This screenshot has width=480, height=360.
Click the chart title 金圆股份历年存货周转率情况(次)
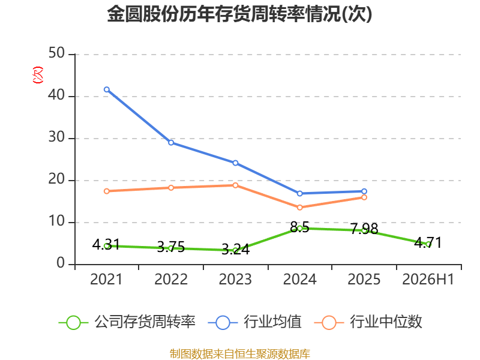click(x=239, y=14)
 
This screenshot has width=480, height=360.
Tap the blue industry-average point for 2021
click(x=107, y=89)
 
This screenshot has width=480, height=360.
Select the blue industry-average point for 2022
click(x=171, y=143)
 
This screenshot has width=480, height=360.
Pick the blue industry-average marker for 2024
click(x=299, y=193)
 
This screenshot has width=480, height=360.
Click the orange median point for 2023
click(x=235, y=185)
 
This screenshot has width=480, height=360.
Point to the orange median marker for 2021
click(x=107, y=191)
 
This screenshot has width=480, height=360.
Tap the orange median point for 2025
click(x=364, y=197)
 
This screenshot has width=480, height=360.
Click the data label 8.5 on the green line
click(x=299, y=227)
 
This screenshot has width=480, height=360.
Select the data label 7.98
click(x=364, y=229)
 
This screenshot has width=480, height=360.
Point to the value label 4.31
click(x=106, y=244)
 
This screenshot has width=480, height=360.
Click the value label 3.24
click(x=235, y=250)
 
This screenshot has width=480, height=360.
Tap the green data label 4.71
click(x=428, y=243)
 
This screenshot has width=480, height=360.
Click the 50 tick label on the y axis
click(x=56, y=53)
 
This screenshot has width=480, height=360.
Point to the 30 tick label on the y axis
click(x=56, y=137)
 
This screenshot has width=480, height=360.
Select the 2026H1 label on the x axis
click(x=428, y=279)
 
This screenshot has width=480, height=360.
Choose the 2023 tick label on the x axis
click(x=235, y=279)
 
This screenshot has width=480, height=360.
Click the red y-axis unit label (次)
click(x=38, y=74)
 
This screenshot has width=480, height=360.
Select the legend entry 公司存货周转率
click(x=127, y=322)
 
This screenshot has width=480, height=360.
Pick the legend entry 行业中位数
click(x=368, y=322)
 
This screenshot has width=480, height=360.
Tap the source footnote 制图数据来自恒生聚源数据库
click(x=240, y=353)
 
